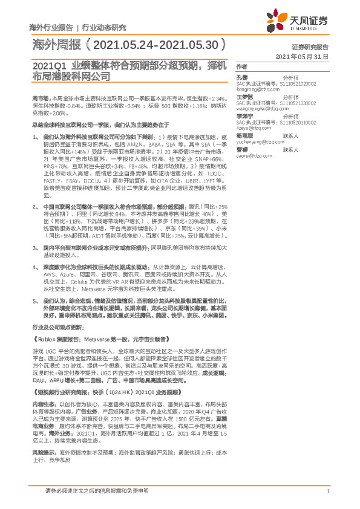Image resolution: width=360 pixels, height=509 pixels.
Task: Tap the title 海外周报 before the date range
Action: tap(54, 45)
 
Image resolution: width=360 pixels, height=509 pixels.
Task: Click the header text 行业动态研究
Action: tap(103, 27)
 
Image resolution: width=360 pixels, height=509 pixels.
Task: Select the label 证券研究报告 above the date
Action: tap(310, 47)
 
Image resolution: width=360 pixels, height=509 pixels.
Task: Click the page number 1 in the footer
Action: tap(327, 491)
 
